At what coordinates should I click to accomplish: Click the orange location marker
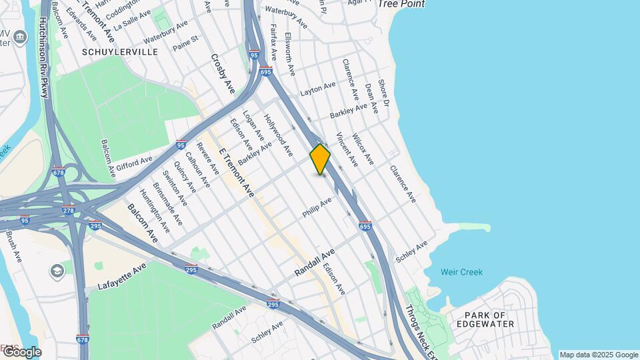click(x=321, y=159)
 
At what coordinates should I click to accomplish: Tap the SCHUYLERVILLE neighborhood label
click(x=120, y=51)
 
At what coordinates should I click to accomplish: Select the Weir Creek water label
click(x=461, y=272)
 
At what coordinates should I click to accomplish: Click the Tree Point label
click(x=401, y=4)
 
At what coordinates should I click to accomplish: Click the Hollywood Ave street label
click(x=278, y=135)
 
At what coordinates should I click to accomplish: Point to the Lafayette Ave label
click(x=121, y=276)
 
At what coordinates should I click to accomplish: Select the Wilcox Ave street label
click(x=363, y=149)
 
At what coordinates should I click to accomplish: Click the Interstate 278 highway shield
click(x=69, y=211)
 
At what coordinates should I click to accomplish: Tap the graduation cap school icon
click(x=57, y=271)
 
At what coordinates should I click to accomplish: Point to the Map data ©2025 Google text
click(x=599, y=355)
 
